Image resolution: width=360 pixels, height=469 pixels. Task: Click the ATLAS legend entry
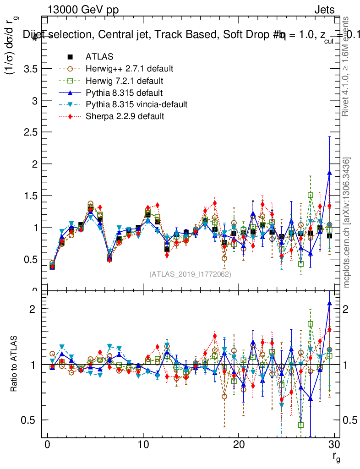(x=99, y=57)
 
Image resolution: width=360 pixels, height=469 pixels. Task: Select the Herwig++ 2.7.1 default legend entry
(x=129, y=69)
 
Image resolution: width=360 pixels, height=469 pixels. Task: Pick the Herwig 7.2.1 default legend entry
(x=124, y=81)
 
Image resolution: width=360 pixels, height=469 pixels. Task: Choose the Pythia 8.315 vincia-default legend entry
(x=136, y=104)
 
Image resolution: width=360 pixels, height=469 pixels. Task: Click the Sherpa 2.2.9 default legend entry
(x=125, y=116)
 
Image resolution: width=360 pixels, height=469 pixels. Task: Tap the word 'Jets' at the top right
(x=324, y=10)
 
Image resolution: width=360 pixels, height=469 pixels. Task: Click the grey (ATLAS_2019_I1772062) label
(x=190, y=274)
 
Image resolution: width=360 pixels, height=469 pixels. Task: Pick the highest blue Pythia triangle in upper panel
(x=329, y=173)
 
